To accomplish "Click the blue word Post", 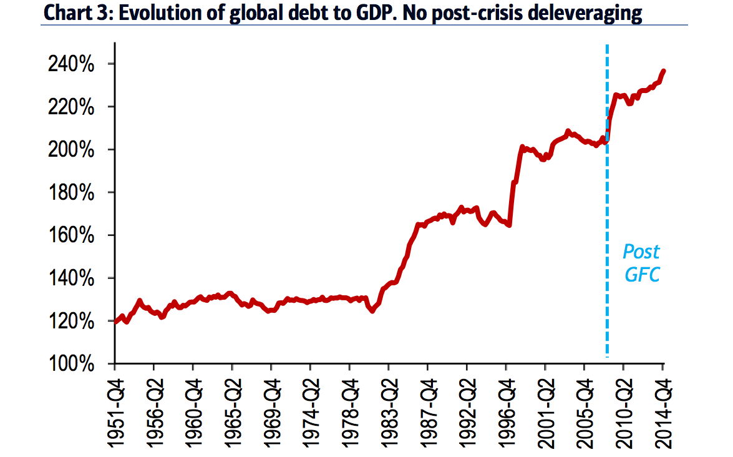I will pos(641,252).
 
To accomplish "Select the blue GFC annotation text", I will pos(642,273).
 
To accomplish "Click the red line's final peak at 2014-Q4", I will pos(663,71).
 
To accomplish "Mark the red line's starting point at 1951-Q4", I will pos(116,322).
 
